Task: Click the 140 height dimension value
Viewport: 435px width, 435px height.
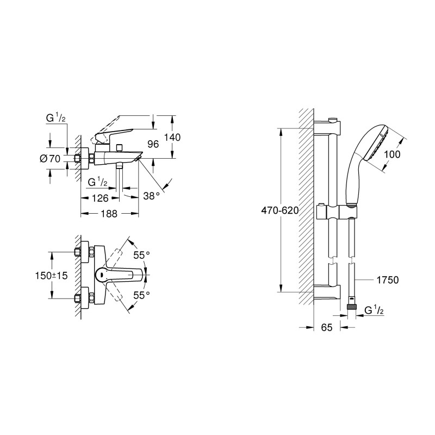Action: click(172, 138)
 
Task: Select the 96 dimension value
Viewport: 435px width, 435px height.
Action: click(153, 144)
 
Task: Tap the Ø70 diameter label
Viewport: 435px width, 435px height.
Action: click(50, 159)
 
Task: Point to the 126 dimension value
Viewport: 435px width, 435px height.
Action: click(100, 198)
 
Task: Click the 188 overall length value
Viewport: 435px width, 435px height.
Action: click(109, 214)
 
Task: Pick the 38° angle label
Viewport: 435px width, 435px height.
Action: click(152, 196)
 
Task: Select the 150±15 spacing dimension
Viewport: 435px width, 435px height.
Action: click(51, 276)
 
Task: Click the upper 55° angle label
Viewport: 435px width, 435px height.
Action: click(141, 255)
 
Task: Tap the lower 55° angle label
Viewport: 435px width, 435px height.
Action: click(141, 295)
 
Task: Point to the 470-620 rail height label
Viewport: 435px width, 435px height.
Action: click(279, 210)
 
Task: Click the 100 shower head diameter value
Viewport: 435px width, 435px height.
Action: click(393, 154)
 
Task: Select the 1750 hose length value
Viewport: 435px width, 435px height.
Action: click(388, 280)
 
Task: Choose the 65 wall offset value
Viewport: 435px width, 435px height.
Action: click(327, 327)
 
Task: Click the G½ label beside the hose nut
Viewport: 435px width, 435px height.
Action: click(374, 310)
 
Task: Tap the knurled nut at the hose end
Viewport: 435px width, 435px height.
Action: click(351, 307)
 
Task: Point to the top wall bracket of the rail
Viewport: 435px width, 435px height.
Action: click(327, 127)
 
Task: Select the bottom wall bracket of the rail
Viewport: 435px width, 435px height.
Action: click(327, 291)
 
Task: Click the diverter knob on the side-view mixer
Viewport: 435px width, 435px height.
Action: click(120, 148)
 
